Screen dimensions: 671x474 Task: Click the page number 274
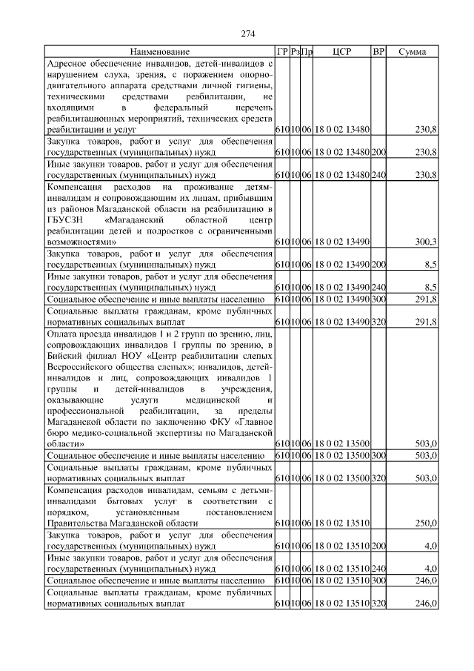(x=247, y=34)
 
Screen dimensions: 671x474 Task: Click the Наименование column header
(x=159, y=51)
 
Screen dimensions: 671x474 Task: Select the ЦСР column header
(x=341, y=51)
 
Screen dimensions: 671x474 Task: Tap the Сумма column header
(x=412, y=51)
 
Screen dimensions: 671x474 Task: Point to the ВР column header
(x=378, y=51)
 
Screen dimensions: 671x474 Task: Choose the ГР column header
(x=281, y=51)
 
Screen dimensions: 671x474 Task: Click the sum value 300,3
(x=425, y=242)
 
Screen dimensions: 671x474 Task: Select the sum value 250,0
(x=425, y=523)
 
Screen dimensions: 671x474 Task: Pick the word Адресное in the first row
(x=67, y=64)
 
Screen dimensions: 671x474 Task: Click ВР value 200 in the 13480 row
(x=378, y=151)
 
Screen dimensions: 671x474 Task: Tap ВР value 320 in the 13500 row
(x=378, y=478)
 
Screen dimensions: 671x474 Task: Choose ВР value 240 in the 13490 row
(x=378, y=286)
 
